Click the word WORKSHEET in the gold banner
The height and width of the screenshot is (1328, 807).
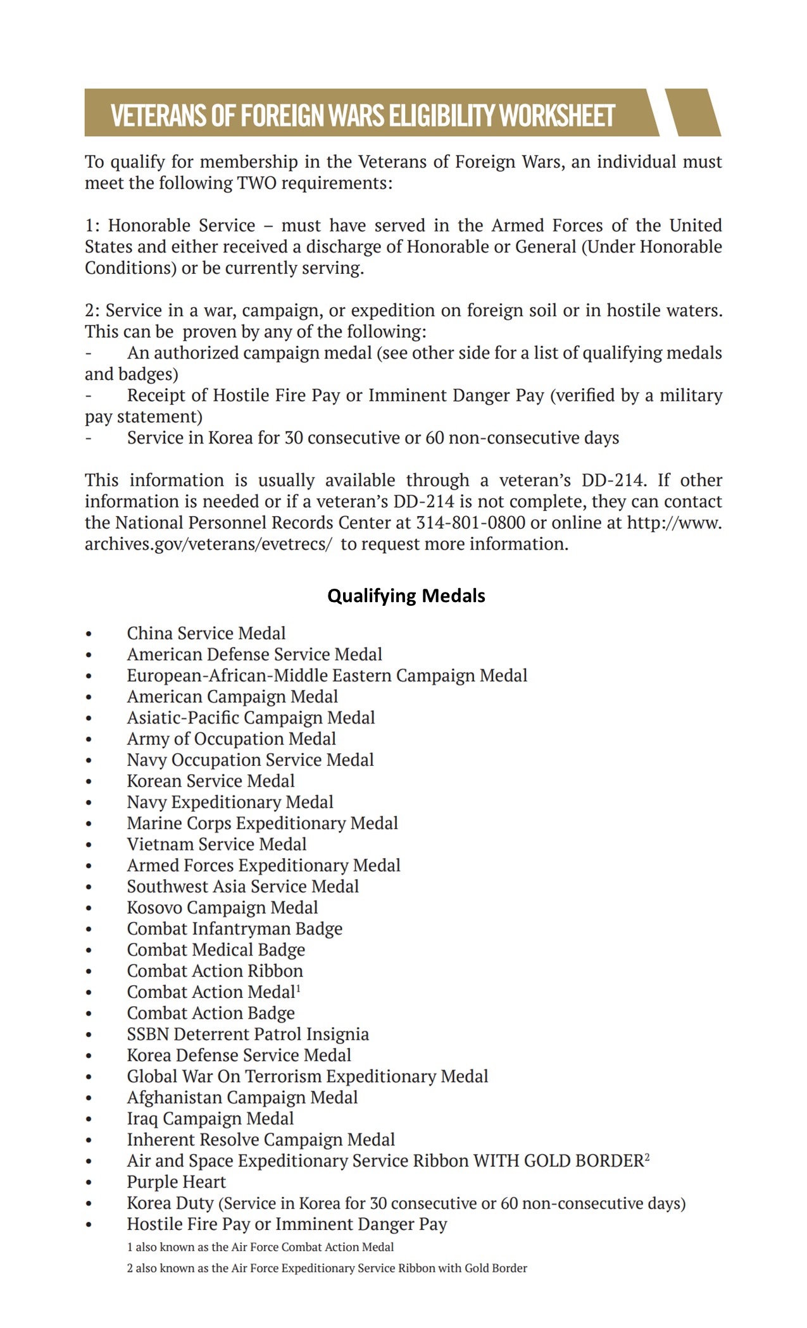(556, 116)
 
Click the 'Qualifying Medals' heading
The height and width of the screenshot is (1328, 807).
(406, 596)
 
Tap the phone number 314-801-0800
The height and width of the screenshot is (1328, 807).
(470, 523)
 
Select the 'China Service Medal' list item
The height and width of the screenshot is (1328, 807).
(206, 633)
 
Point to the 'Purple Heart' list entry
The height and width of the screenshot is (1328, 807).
(176, 1182)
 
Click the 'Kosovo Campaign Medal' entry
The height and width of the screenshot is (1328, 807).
(222, 907)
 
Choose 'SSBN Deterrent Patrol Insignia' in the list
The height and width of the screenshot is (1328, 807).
(247, 1034)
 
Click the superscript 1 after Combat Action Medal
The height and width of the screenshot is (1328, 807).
(298, 988)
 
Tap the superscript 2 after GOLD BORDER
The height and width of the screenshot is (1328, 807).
(647, 1157)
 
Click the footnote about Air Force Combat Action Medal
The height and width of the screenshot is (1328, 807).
(260, 1247)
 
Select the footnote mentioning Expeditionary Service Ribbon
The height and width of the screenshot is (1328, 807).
(327, 1268)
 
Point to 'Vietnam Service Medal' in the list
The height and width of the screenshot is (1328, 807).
(216, 844)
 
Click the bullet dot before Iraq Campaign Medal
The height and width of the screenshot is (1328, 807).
(89, 1119)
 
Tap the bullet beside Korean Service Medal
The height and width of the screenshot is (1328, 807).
(89, 782)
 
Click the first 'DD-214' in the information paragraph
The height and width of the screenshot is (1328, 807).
(612, 480)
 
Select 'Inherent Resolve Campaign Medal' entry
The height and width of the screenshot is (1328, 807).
(261, 1140)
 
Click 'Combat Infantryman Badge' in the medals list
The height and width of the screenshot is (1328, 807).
(234, 929)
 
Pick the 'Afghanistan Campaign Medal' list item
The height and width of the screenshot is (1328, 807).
(242, 1097)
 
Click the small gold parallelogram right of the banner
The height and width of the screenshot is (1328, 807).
(693, 113)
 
